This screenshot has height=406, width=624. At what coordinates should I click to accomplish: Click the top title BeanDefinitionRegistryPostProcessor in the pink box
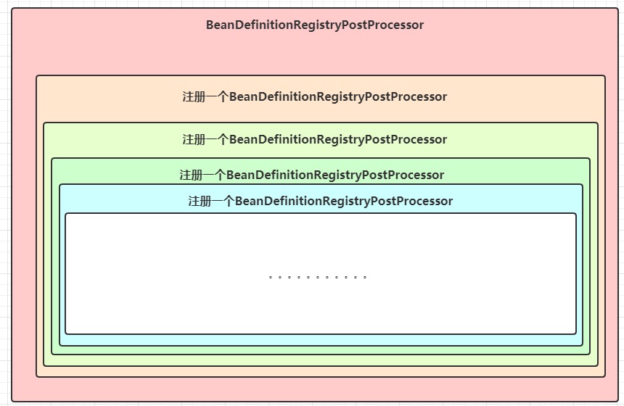pos(314,25)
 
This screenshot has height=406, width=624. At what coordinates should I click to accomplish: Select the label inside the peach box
pos(314,96)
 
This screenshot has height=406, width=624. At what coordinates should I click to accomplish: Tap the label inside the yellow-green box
pos(314,139)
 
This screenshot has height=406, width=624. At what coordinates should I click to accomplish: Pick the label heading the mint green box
pos(312,175)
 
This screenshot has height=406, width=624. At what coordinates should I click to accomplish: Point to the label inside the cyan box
pos(320,201)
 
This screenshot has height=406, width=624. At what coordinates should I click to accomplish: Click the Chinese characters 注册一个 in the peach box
pos(205,96)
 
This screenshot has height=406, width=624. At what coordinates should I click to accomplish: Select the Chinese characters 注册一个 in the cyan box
pos(211,201)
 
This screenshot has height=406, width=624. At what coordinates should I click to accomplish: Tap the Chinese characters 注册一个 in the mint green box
pos(203,175)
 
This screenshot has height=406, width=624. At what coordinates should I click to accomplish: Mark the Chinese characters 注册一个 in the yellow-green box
pos(205,139)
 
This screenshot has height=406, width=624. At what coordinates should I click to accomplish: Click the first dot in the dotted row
pos(270,277)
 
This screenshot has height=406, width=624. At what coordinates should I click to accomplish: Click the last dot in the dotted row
pos(365,277)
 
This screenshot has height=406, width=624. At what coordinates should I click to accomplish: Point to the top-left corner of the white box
pos(65,213)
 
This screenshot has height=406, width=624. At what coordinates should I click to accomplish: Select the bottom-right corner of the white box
pos(576,334)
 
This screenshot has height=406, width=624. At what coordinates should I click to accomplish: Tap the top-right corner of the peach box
pos(605,75)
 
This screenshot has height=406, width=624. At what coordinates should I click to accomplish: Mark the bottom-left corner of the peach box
pos(36,377)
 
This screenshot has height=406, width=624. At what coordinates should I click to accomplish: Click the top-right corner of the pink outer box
pos(617,9)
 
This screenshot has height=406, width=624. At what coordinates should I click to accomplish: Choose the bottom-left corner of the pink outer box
pos(12,402)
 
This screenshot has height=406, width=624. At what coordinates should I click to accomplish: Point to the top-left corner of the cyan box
pos(59,184)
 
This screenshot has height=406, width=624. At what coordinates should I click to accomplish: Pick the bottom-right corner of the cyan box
pos(583,346)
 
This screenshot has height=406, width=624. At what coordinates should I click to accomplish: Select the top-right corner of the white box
pos(576,213)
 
